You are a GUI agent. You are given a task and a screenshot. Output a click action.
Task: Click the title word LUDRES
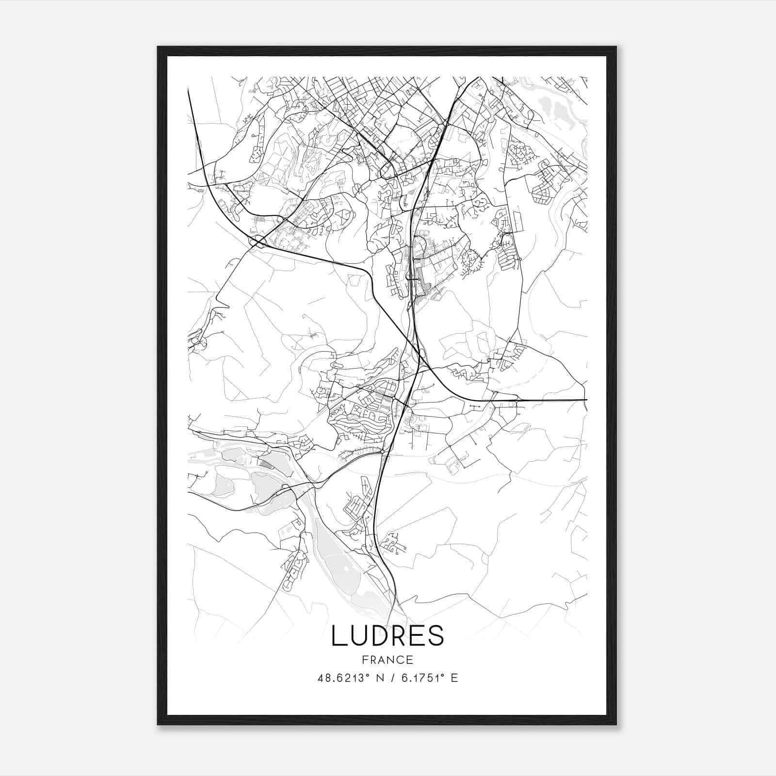[x=388, y=636]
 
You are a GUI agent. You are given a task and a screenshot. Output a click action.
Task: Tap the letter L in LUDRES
[x=338, y=636]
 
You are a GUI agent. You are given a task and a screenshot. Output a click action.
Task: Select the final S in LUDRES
[x=436, y=636]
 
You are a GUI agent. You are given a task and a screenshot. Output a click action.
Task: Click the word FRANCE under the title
[x=388, y=660]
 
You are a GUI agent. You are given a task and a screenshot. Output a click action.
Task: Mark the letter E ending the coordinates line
[x=454, y=678]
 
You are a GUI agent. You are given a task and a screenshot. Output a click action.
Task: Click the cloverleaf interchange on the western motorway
[x=257, y=241]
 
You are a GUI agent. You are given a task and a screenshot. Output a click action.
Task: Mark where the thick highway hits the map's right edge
[x=586, y=400]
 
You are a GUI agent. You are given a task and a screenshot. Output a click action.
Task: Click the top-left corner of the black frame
[x=158, y=47]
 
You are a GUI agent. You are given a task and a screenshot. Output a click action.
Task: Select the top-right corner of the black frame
[x=616, y=47]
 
